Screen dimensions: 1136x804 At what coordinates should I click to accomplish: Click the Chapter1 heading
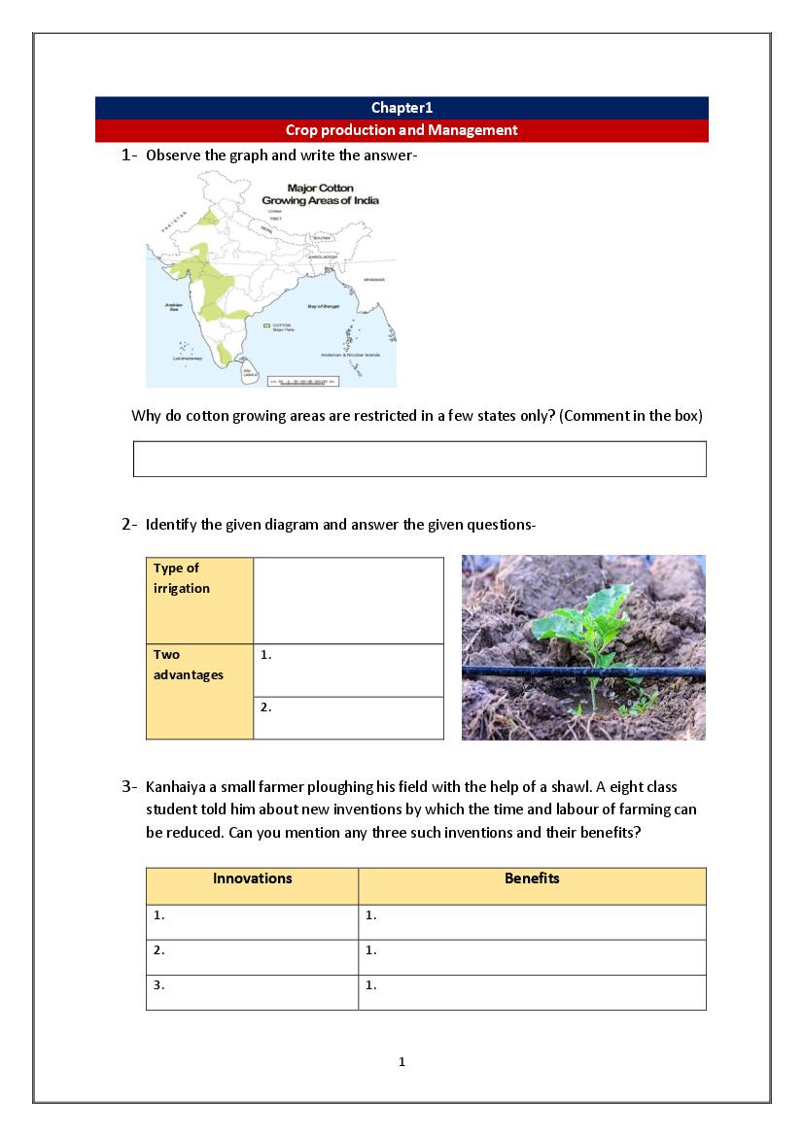402,108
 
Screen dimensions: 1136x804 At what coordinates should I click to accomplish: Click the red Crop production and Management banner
402,130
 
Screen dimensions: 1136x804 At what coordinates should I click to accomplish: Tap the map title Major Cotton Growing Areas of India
320,193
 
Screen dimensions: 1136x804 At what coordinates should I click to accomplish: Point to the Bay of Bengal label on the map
328,306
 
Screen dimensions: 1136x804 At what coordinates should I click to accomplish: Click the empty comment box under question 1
419,459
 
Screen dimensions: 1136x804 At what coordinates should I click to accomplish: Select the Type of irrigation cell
199,600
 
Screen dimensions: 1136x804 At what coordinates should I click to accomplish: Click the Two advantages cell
199,691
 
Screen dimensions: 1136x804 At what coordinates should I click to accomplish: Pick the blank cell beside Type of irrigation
348,600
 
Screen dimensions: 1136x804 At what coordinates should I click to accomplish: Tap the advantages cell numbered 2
348,718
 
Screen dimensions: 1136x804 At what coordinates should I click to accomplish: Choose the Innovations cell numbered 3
252,992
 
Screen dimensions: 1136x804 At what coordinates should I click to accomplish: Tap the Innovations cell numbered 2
252,957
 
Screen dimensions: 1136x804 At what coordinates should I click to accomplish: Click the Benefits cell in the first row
532,921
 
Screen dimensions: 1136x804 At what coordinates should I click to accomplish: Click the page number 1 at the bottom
402,1062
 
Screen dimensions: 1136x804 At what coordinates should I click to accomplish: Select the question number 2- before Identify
130,525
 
